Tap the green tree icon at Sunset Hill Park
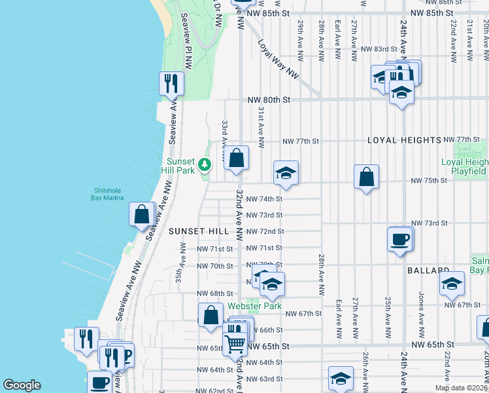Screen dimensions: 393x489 coord(205,164)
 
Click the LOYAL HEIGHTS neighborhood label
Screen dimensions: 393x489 coord(404,140)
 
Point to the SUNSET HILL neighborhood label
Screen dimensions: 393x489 coord(199,231)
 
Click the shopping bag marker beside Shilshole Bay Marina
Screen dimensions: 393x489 coord(142,214)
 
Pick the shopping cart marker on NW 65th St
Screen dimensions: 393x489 coord(235,341)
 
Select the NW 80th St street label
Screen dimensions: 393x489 coord(268,100)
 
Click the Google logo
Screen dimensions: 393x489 coord(22,385)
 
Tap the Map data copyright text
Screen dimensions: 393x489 coord(461,388)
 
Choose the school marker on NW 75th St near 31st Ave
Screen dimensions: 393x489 coord(286,173)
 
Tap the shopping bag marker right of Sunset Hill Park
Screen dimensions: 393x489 coord(237,158)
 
